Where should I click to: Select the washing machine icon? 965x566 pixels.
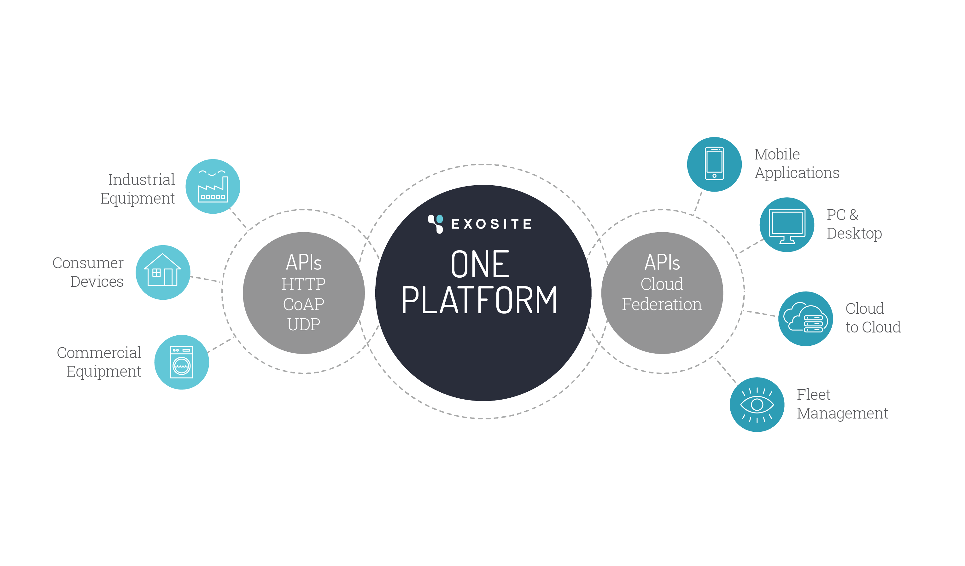coord(182,362)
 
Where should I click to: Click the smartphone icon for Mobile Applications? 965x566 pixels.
coord(714,164)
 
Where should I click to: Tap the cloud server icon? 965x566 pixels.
coord(805,319)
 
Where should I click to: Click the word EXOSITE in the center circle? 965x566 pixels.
coord(491,224)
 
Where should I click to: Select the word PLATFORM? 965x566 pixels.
coord(479,300)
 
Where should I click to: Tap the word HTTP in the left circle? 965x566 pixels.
coord(303,284)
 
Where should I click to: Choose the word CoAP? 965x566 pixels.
coord(303,304)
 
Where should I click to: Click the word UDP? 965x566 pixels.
coord(303,325)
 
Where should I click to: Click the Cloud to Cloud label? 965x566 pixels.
coord(873,318)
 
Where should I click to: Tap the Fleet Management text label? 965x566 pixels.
coord(842,404)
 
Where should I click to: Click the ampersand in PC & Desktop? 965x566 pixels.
coord(854,215)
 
